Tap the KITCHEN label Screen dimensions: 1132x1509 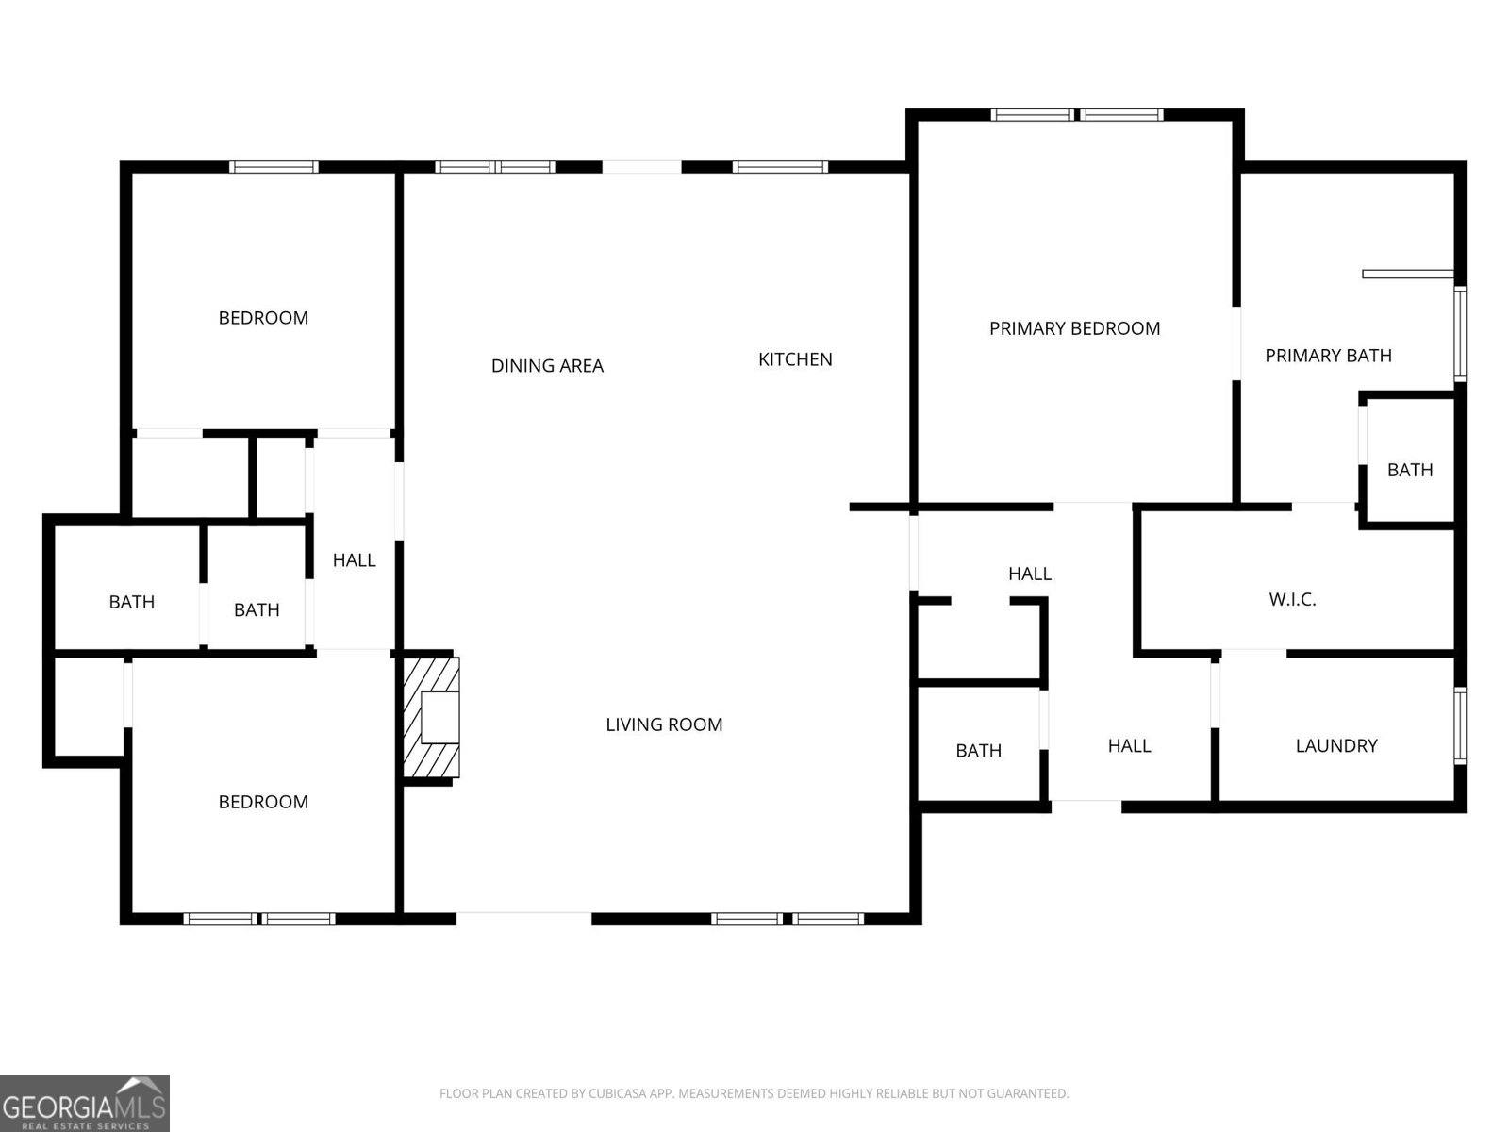tap(795, 359)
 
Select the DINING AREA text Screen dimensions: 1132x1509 tap(547, 366)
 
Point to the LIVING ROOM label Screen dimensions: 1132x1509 tap(664, 724)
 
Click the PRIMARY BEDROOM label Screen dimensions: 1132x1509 tap(1074, 328)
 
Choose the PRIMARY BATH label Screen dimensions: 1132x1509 tap(1328, 356)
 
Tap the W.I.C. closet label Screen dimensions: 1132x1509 tap(1292, 599)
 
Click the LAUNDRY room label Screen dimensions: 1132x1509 tap(1336, 746)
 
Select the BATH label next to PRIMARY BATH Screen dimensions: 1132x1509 tap(1410, 470)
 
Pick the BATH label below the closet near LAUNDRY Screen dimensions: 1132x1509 tap(978, 751)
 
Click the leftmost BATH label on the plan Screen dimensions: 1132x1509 tap(131, 602)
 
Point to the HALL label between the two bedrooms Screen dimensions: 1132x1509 tap(354, 560)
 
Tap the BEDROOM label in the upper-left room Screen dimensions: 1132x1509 tap(263, 318)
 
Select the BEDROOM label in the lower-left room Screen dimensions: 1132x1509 tap(263, 802)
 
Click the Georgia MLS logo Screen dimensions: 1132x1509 tap(84, 1103)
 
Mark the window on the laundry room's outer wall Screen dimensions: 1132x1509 tap(1460, 724)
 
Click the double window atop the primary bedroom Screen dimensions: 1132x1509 tap(1076, 115)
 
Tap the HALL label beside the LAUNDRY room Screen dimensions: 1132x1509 tap(1129, 746)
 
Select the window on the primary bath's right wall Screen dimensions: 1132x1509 tap(1460, 333)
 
